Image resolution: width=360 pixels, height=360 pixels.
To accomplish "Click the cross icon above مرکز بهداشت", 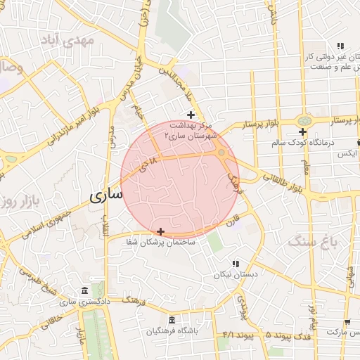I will pyautogui.click(x=190, y=115).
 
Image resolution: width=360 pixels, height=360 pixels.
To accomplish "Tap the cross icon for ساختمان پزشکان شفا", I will pyautogui.click(x=161, y=231).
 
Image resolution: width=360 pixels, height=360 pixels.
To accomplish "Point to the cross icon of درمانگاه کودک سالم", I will pyautogui.click(x=302, y=131).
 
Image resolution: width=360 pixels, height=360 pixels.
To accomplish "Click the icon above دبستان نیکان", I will pyautogui.click(x=235, y=263).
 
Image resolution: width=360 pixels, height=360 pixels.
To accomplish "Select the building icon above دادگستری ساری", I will pyautogui.click(x=84, y=291).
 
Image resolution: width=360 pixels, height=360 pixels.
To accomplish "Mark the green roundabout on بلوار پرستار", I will pyautogui.click(x=304, y=121).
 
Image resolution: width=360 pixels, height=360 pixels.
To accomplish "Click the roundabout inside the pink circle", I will pyautogui.click(x=221, y=153).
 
